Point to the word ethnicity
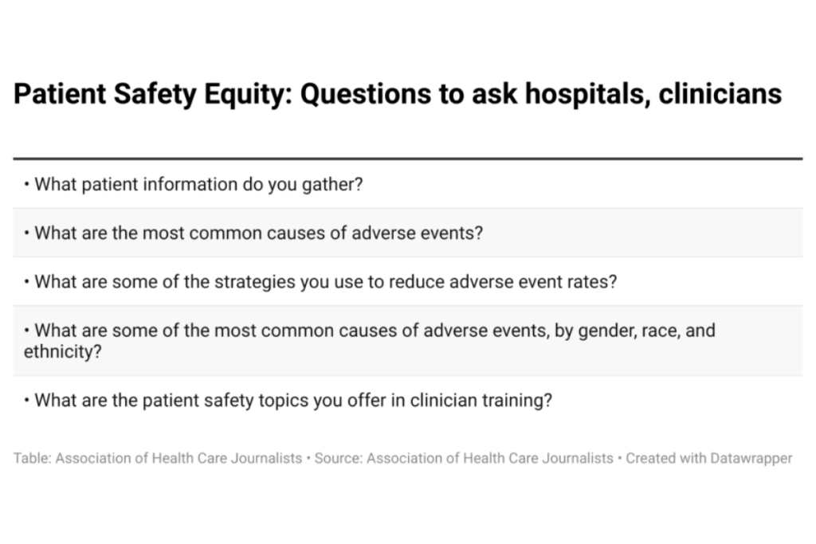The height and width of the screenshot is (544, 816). (62, 351)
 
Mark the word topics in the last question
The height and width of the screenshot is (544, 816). (283, 401)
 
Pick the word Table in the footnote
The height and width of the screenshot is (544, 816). (31, 459)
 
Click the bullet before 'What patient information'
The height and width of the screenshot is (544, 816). (27, 186)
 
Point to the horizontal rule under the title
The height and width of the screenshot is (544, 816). (407, 159)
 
